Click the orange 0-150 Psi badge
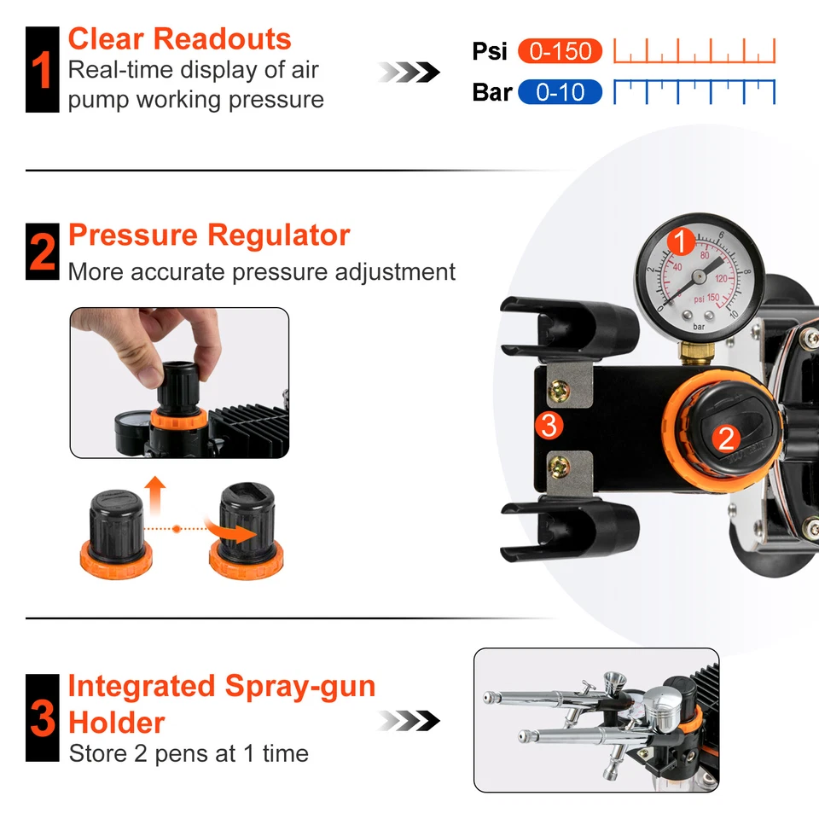click(560, 51)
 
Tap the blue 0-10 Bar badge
click(560, 91)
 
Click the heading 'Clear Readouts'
click(179, 39)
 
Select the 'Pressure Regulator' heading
click(209, 235)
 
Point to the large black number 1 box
click(42, 70)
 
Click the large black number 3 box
click(42, 717)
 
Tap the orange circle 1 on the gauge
click(680, 243)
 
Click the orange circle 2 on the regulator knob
click(726, 439)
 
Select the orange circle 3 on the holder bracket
click(549, 425)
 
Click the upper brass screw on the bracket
click(559, 392)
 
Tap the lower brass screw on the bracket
click(560, 466)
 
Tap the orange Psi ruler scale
click(694, 51)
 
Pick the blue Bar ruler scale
click(694, 91)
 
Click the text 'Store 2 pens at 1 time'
click(189, 753)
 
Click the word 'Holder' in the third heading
click(117, 723)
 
